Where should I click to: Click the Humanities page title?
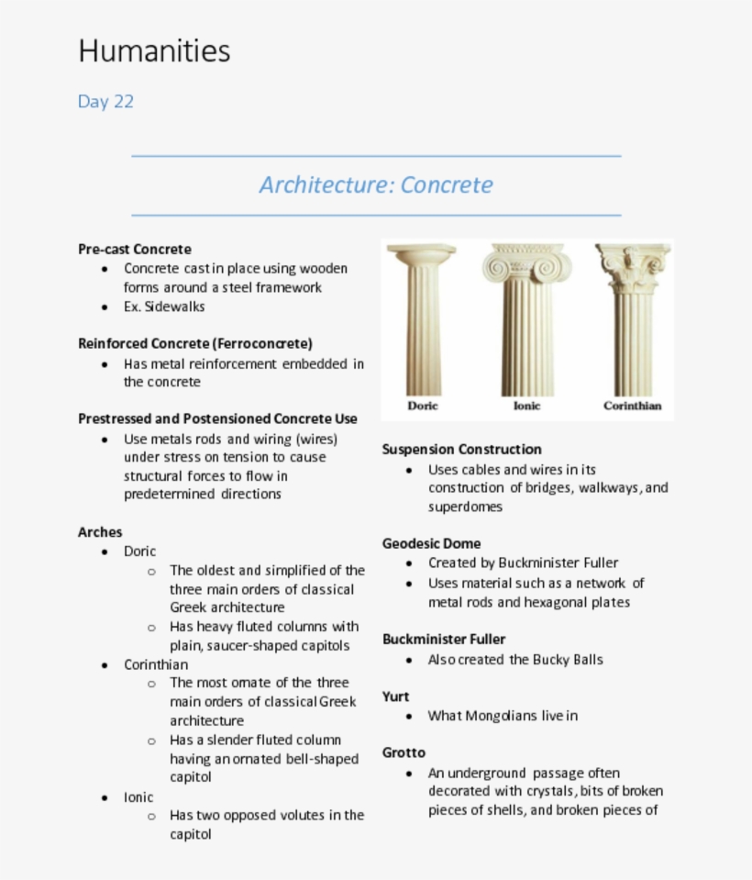point(154,50)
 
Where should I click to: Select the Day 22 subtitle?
point(105,102)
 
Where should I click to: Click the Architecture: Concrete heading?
point(376,184)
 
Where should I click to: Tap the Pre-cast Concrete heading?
point(135,250)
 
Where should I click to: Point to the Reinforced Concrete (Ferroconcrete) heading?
point(195,344)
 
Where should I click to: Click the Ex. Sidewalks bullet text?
point(164,306)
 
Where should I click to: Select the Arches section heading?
point(100,532)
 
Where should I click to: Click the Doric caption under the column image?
point(423,406)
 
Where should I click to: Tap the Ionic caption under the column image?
point(526,406)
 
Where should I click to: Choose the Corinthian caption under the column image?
point(632,406)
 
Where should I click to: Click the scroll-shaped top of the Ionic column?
point(526,265)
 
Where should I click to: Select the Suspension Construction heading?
point(461,450)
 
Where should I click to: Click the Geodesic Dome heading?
point(431,543)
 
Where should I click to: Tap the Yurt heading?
point(395,696)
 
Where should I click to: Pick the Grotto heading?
point(404,753)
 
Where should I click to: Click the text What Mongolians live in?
point(503,716)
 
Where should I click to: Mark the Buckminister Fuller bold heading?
point(444,640)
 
